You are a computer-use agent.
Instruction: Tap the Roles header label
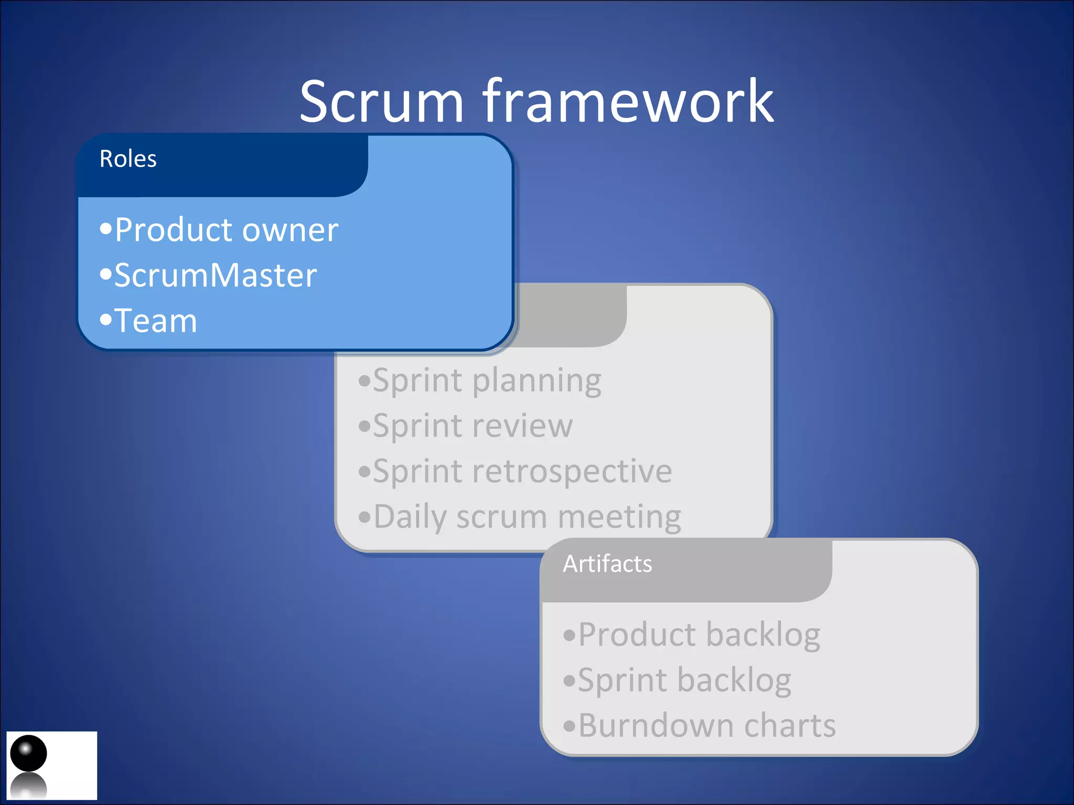click(128, 159)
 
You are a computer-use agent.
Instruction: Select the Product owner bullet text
click(225, 230)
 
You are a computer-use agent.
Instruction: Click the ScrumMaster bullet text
click(215, 276)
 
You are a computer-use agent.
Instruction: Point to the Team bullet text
click(155, 321)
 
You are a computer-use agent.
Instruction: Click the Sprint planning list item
click(487, 380)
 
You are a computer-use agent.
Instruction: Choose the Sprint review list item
click(472, 426)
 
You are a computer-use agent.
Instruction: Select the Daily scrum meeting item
click(527, 517)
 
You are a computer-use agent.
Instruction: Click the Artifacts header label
click(607, 564)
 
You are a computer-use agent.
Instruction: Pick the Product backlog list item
click(699, 635)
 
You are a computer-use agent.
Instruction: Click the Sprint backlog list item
click(684, 680)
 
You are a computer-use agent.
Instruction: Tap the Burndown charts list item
click(706, 726)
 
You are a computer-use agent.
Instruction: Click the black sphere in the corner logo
click(28, 753)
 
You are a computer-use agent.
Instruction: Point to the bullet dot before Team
click(106, 319)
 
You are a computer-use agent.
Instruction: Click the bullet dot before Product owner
click(106, 229)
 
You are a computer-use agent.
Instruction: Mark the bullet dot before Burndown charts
click(570, 726)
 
